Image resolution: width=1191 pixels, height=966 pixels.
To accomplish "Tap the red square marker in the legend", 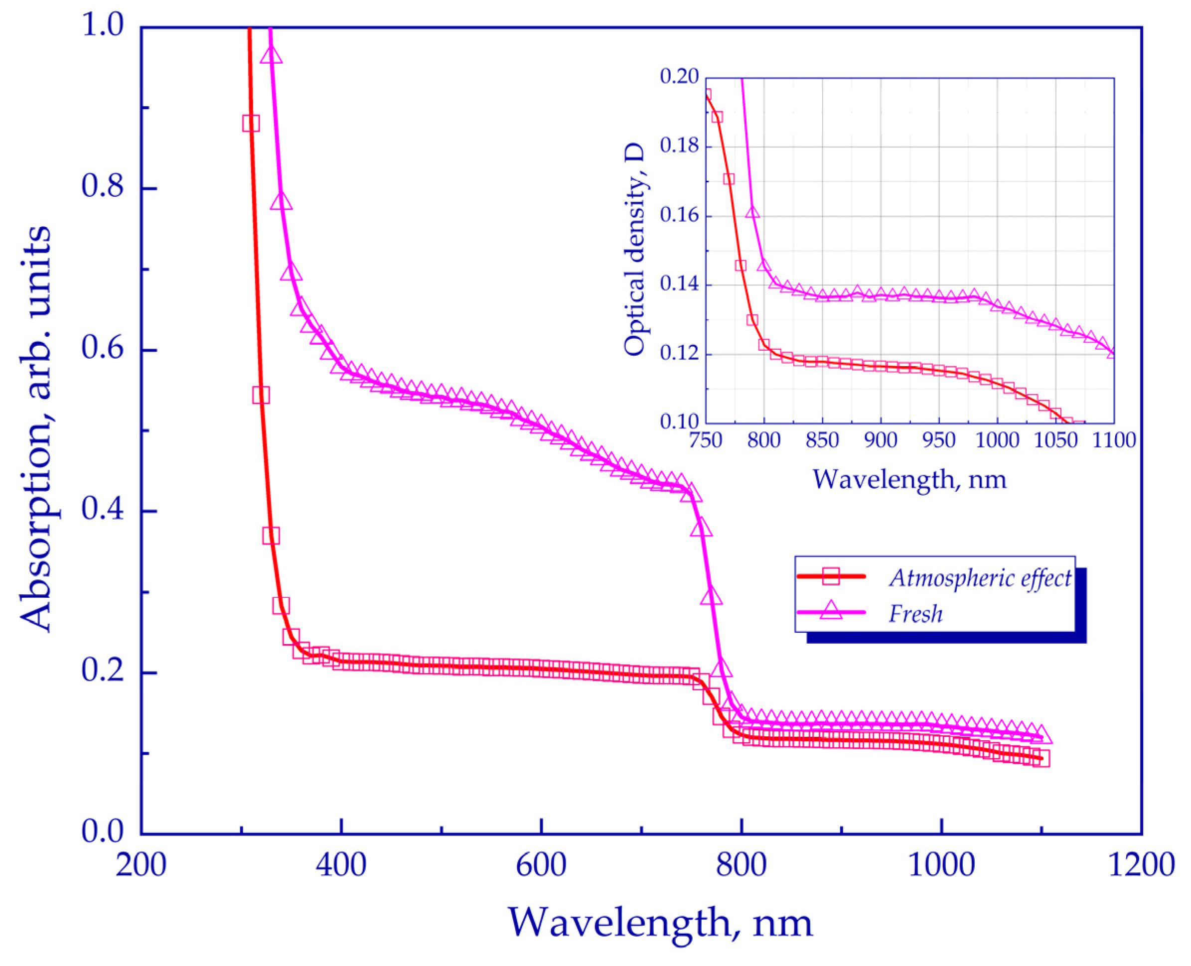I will click(x=830, y=576).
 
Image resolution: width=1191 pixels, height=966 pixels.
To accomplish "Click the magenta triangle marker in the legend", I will click(x=830, y=610).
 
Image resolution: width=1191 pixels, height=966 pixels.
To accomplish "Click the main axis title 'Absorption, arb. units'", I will click(x=36, y=428).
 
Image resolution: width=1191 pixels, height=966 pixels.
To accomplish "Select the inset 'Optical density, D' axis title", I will click(x=634, y=250).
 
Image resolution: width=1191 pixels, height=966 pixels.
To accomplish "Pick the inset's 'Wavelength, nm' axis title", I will click(x=909, y=480).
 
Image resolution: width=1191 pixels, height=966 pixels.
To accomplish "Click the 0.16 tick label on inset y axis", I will click(x=679, y=215).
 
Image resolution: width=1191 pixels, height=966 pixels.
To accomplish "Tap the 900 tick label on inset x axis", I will click(x=881, y=440).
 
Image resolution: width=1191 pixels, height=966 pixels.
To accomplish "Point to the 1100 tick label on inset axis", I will click(x=1114, y=440).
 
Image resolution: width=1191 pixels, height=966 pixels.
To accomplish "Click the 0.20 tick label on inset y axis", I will click(x=679, y=77).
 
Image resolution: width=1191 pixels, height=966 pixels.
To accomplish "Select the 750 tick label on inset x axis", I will click(x=706, y=440).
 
